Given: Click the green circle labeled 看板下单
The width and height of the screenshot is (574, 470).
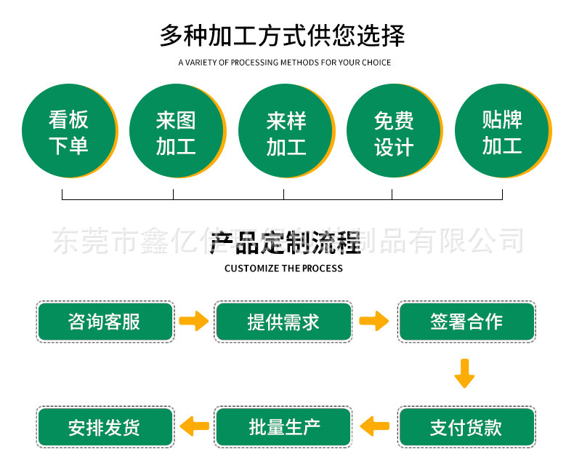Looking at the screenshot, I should pyautogui.click(x=68, y=131).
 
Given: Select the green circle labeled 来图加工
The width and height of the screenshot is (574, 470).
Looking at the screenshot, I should pyautogui.click(x=176, y=131).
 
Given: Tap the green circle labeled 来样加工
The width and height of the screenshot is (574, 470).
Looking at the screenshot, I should pyautogui.click(x=286, y=131).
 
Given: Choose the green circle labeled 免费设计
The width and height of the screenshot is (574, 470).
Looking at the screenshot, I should pyautogui.click(x=393, y=131).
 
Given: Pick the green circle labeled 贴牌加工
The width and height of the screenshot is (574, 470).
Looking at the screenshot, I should pyautogui.click(x=501, y=131).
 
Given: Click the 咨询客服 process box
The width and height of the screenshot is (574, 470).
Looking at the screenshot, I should pyautogui.click(x=105, y=322).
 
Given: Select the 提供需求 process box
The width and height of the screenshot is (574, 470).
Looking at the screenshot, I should pyautogui.click(x=283, y=322).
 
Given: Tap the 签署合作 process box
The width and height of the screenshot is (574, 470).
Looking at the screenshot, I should pyautogui.click(x=466, y=322).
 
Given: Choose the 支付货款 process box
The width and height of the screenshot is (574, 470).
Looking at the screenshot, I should pyautogui.click(x=466, y=427).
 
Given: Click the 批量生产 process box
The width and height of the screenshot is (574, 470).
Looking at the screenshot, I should pyautogui.click(x=283, y=427).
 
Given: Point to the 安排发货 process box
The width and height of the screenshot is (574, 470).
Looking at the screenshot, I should pyautogui.click(x=105, y=427).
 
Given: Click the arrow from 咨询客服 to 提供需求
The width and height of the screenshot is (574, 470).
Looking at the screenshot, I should pyautogui.click(x=194, y=321).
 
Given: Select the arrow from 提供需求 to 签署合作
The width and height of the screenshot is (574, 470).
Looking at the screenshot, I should pyautogui.click(x=374, y=321).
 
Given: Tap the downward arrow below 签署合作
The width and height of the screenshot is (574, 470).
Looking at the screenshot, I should pyautogui.click(x=464, y=373).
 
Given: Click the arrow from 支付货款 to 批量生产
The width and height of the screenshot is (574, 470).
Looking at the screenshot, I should pyautogui.click(x=375, y=426).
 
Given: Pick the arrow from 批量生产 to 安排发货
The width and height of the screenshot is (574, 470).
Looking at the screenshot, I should pyautogui.click(x=194, y=426).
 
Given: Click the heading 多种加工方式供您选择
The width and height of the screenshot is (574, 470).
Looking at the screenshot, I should pyautogui.click(x=283, y=36).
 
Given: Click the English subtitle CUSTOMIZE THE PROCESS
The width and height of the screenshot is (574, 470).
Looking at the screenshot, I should pyautogui.click(x=283, y=268).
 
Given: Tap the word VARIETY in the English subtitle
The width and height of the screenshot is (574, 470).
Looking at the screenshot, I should pyautogui.click(x=201, y=63).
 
